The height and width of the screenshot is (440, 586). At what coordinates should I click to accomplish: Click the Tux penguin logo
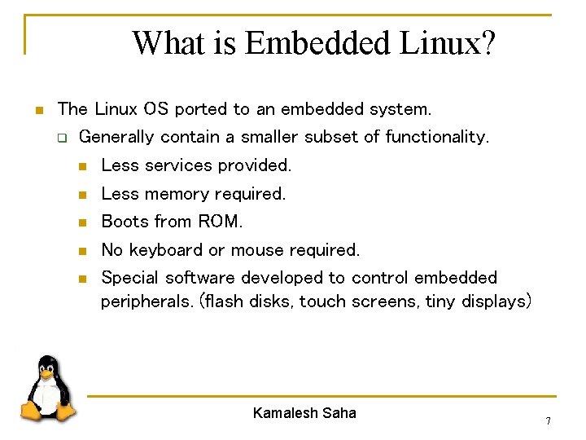tap(48, 389)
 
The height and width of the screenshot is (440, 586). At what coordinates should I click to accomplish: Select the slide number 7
tap(548, 421)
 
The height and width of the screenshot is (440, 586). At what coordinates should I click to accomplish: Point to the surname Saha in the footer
tap(339, 413)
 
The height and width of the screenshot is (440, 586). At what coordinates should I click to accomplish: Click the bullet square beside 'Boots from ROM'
tap(81, 222)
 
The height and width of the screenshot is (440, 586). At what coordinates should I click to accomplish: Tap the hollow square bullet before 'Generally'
tap(60, 138)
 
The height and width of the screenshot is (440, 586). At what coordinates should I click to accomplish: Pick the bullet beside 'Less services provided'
tap(81, 166)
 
